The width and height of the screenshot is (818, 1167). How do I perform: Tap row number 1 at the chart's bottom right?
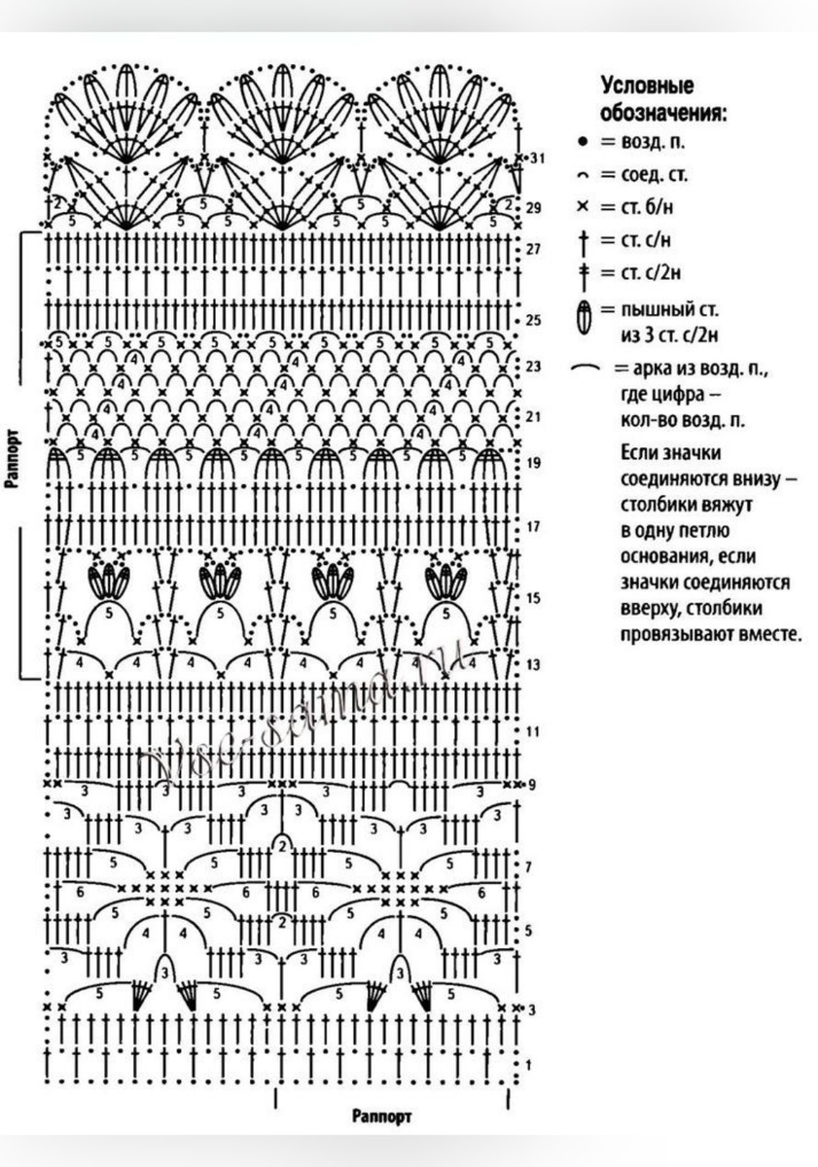(x=528, y=1065)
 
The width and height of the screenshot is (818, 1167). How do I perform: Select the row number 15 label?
(x=533, y=598)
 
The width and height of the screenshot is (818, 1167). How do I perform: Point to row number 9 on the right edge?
(x=531, y=784)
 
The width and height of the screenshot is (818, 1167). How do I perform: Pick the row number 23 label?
(x=533, y=367)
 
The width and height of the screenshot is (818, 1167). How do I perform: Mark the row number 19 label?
(x=533, y=463)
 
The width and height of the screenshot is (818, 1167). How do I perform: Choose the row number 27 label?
(x=533, y=249)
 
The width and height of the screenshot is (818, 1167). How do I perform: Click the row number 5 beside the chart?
(x=530, y=932)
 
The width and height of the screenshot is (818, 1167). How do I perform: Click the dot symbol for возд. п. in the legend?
(x=583, y=142)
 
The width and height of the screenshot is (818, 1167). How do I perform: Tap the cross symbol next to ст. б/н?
(x=583, y=206)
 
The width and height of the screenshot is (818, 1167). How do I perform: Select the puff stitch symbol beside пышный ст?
(x=584, y=318)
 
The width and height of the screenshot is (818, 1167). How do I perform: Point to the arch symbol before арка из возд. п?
(x=587, y=370)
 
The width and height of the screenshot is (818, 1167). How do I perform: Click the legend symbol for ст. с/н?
(x=584, y=239)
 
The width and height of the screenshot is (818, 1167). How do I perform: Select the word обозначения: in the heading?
(x=664, y=112)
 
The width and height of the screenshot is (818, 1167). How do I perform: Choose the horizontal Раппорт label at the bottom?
(x=382, y=1115)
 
